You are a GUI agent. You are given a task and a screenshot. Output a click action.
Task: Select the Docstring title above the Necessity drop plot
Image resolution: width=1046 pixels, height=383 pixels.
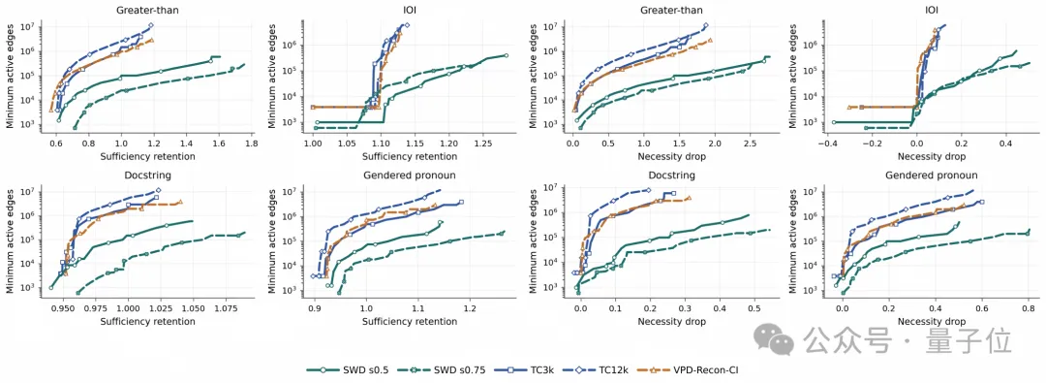(x=670, y=176)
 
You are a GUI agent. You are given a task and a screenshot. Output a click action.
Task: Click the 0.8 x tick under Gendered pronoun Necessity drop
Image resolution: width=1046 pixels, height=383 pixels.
(x=1028, y=311)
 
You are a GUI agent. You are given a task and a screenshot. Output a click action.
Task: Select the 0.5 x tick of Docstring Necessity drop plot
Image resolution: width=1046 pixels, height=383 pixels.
(x=754, y=311)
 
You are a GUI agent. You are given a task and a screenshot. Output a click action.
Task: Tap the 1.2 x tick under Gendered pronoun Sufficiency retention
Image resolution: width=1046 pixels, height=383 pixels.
(x=470, y=311)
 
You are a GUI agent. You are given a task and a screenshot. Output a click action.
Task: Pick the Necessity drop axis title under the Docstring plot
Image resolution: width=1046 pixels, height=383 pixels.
(x=670, y=322)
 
